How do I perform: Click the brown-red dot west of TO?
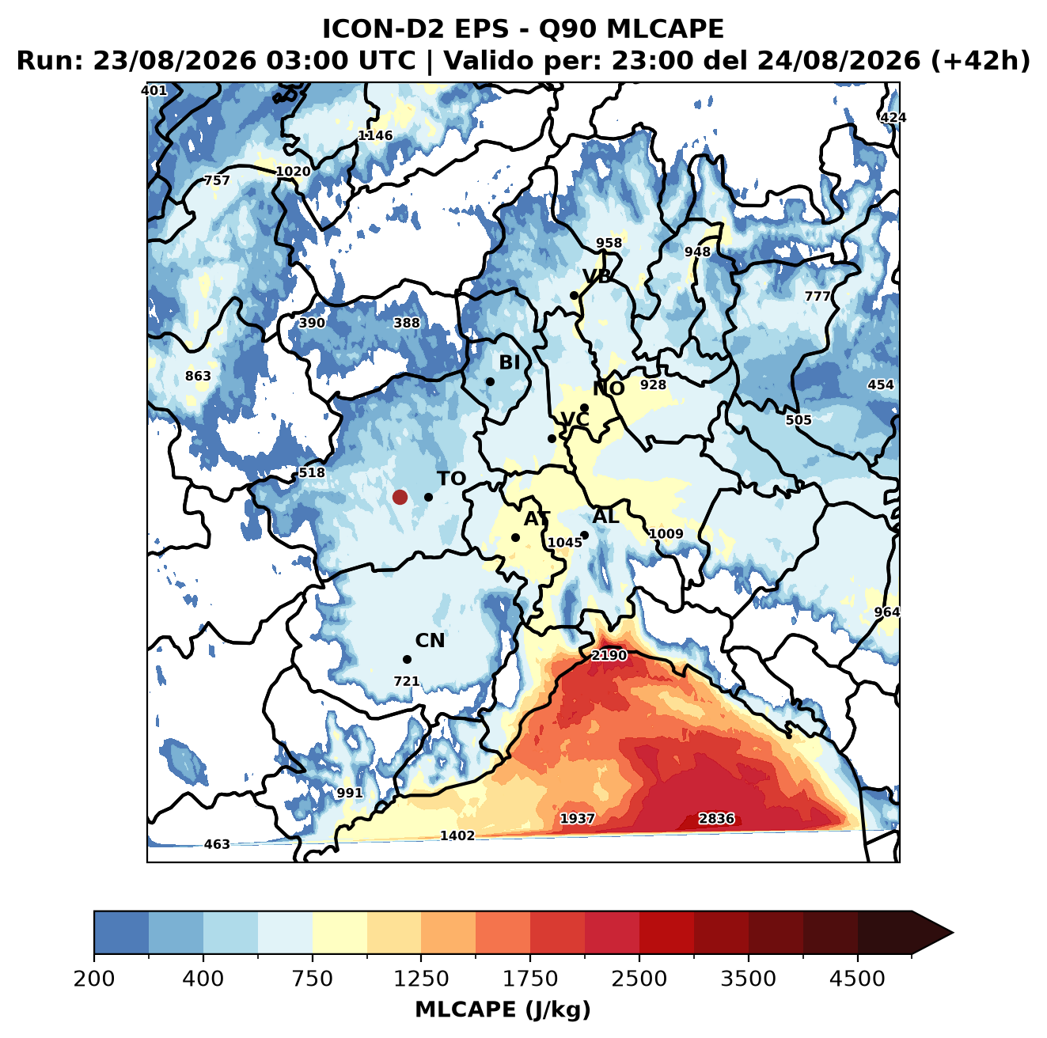click(x=400, y=497)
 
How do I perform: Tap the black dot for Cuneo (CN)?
click(x=407, y=659)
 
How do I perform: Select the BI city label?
click(x=509, y=362)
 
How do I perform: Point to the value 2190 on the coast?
click(x=609, y=655)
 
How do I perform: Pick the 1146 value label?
click(x=375, y=135)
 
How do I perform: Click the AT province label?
click(x=537, y=519)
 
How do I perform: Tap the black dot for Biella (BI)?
click(x=490, y=381)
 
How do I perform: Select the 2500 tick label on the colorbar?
click(x=639, y=979)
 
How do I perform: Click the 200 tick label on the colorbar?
click(x=94, y=979)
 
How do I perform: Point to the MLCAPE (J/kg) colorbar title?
click(x=503, y=1010)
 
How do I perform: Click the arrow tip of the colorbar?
click(x=953, y=934)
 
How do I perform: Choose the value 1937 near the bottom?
click(x=577, y=818)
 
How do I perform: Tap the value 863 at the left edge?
click(x=198, y=376)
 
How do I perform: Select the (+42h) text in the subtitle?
click(x=980, y=61)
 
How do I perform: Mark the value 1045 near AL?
click(x=564, y=542)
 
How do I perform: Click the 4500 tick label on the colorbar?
click(x=857, y=979)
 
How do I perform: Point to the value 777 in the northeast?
click(x=817, y=296)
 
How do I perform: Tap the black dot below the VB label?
click(x=574, y=295)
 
